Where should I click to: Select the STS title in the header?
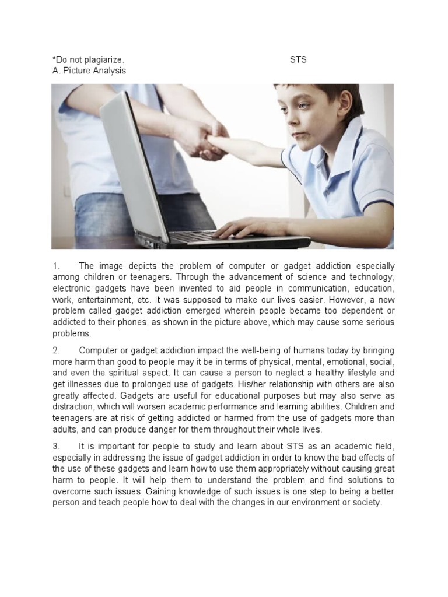pyautogui.click(x=297, y=60)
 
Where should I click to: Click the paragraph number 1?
pyautogui.click(x=55, y=266)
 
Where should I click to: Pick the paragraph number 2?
pyautogui.click(x=55, y=350)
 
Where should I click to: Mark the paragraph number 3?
pyautogui.click(x=55, y=446)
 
